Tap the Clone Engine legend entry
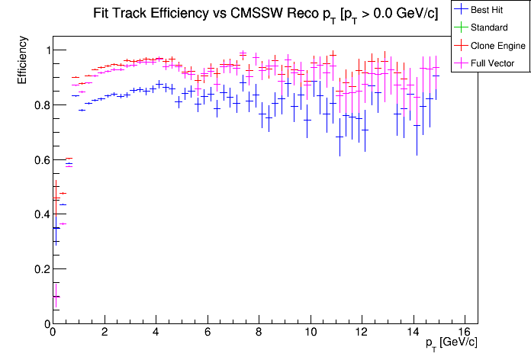(496, 46)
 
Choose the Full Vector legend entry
(493, 63)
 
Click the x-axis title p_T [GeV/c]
(452, 342)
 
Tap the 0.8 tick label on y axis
(37, 105)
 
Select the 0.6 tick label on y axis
(37, 160)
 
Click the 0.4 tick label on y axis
(37, 215)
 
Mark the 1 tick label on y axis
(43, 50)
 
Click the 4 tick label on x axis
(156, 333)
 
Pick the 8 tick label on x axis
(259, 333)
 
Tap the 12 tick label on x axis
(362, 333)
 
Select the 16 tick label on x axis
(466, 333)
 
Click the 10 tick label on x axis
(311, 333)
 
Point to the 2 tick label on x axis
(104, 333)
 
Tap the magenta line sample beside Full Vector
(461, 63)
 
